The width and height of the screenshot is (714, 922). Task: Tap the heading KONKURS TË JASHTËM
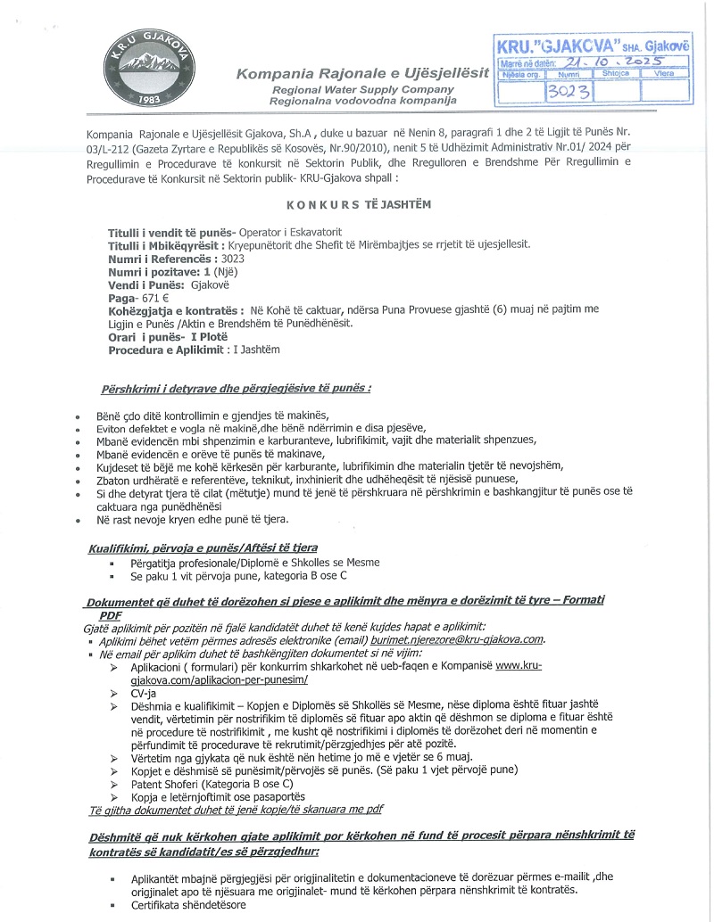point(358,204)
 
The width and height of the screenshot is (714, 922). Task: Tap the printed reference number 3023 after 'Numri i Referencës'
point(232,259)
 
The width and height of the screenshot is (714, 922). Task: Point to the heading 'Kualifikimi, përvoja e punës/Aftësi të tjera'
point(203,547)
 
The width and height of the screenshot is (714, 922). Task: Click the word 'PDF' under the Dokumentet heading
point(111,614)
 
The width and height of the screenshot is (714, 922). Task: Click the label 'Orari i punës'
point(145,337)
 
